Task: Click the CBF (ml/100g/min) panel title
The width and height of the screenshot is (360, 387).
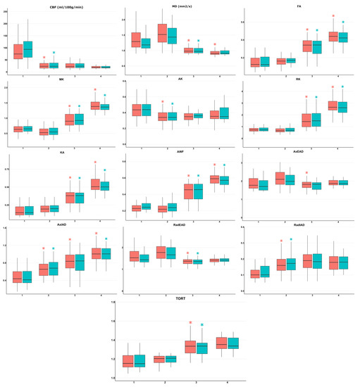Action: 60,7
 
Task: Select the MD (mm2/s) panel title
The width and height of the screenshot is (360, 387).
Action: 179,7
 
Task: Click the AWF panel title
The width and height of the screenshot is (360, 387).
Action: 179,153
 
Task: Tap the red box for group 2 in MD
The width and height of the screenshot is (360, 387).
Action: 162,32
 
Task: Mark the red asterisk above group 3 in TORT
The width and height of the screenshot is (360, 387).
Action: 190,323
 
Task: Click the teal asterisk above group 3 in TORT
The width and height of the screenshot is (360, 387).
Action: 201,325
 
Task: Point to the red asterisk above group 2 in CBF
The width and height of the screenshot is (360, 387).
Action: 44,58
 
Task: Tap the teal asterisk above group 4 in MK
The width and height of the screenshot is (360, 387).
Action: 104,96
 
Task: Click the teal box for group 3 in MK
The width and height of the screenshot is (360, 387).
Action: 79,119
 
